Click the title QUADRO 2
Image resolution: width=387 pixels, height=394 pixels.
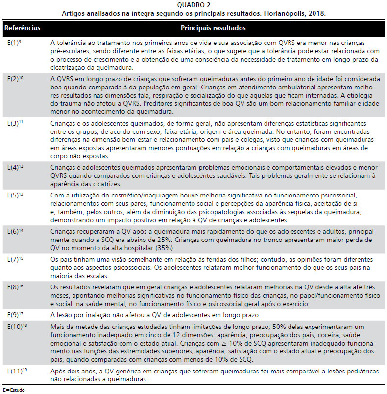pos(193,5)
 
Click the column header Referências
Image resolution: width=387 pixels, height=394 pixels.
pos(22,29)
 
